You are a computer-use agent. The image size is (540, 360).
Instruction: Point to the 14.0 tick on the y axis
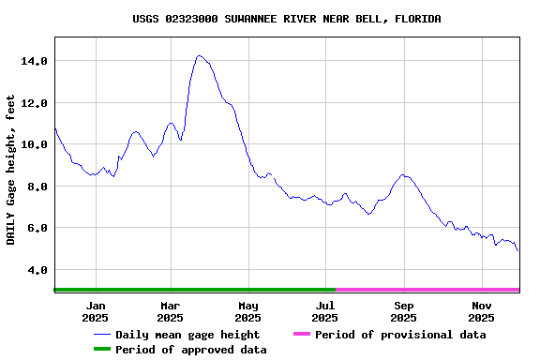pyautogui.click(x=34, y=61)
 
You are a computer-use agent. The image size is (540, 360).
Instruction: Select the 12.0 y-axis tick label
pyautogui.click(x=34, y=102)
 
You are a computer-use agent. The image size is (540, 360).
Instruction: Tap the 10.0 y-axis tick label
pyautogui.click(x=34, y=144)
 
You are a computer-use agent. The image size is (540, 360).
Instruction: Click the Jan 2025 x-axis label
pyautogui.click(x=95, y=311)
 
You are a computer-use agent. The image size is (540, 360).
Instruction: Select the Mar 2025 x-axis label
pyautogui.click(x=171, y=311)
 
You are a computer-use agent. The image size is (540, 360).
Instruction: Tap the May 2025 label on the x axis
pyautogui.click(x=248, y=311)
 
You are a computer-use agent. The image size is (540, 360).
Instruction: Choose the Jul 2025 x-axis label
pyautogui.click(x=325, y=311)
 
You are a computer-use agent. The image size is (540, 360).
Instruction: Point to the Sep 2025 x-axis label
pyautogui.click(x=404, y=311)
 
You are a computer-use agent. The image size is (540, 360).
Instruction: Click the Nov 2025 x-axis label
pyautogui.click(x=482, y=311)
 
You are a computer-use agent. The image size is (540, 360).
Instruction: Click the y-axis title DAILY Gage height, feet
pyautogui.click(x=11, y=170)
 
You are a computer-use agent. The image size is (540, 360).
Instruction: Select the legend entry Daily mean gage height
pyautogui.click(x=187, y=335)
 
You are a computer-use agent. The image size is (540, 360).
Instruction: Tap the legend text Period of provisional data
pyautogui.click(x=400, y=335)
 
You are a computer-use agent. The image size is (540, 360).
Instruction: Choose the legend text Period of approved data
pyautogui.click(x=191, y=350)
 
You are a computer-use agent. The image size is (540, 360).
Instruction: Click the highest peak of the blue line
pyautogui.click(x=199, y=56)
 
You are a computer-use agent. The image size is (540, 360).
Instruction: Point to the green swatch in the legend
pyautogui.click(x=101, y=350)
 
